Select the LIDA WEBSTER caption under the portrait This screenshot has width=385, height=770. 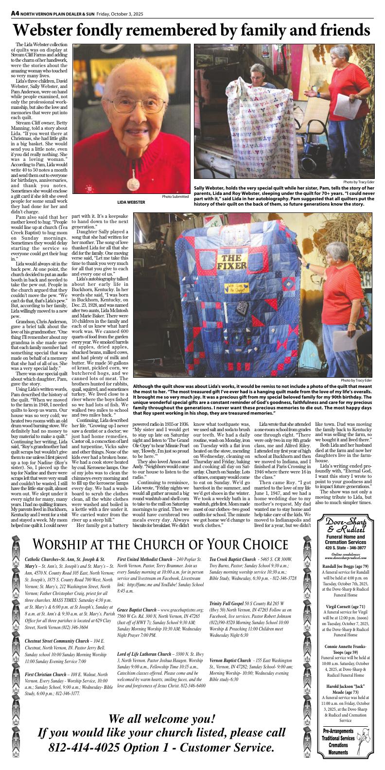[131, 202]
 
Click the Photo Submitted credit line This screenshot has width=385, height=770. [175, 196]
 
